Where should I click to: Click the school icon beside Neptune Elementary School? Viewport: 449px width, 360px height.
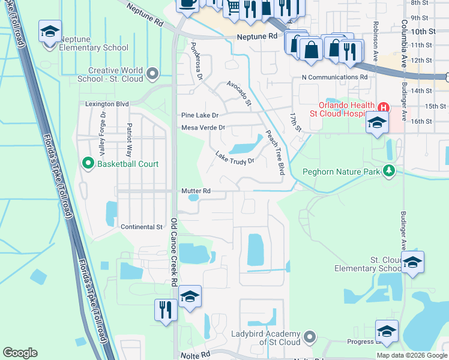50,31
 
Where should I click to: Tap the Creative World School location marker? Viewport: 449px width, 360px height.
152,74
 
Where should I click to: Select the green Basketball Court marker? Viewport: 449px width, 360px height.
88,164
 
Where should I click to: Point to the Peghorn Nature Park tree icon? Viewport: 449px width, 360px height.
390,172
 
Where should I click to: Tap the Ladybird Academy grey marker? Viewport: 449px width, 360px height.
309,335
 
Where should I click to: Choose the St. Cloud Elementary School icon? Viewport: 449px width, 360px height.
412,262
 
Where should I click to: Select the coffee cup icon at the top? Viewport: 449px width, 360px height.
187,4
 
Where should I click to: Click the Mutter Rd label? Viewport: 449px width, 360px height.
196,191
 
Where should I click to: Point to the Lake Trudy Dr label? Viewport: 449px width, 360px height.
235,157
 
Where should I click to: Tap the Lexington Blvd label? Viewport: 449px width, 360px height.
107,104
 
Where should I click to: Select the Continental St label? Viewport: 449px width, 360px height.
142,227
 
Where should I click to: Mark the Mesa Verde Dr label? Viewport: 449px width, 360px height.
203,128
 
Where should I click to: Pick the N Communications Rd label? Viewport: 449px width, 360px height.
334,77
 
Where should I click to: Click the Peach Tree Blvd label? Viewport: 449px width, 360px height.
275,153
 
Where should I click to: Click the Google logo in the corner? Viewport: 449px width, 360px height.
20,353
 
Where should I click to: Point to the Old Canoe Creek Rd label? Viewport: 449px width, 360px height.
173,252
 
